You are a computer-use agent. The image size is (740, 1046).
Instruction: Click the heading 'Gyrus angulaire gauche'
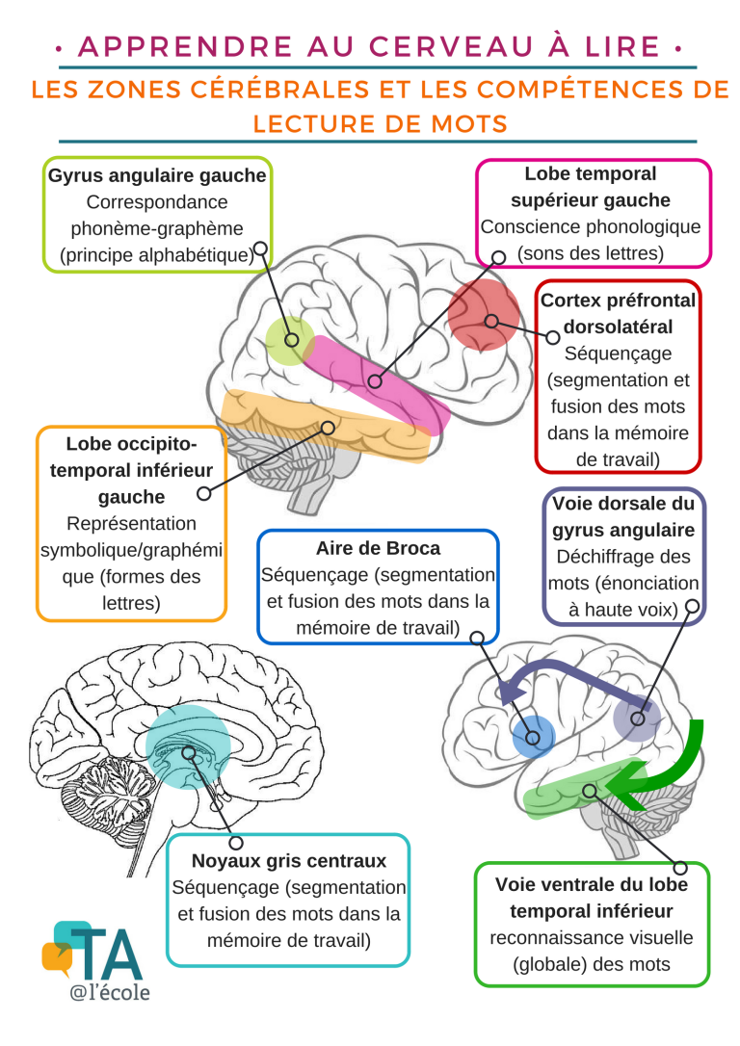(x=157, y=176)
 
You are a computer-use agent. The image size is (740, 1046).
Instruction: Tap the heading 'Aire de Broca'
(x=378, y=548)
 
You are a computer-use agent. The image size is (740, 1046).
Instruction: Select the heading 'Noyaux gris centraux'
(x=289, y=860)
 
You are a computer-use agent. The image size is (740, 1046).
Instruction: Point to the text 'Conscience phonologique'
(x=591, y=227)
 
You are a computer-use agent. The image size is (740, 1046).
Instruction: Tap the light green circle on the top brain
(x=289, y=340)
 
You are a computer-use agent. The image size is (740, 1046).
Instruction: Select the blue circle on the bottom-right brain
(x=534, y=738)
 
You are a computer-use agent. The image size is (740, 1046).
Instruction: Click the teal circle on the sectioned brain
(x=188, y=745)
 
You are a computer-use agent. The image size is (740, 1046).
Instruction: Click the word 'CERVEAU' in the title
(x=358, y=45)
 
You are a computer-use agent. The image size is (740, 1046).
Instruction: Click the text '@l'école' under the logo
(x=109, y=991)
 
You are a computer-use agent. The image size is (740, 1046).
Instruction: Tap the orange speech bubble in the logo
(x=56, y=957)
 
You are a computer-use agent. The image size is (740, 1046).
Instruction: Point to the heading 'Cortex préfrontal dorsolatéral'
(x=618, y=313)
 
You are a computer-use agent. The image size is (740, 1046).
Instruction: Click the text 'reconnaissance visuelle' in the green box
(x=592, y=937)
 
